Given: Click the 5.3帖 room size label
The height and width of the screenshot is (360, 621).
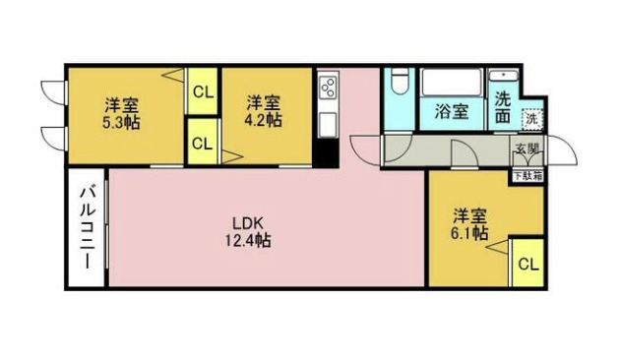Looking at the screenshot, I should coord(122,123).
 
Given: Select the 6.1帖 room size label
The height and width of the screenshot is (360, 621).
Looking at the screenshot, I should coord(469,233).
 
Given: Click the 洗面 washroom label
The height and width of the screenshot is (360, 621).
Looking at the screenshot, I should coord(503,106).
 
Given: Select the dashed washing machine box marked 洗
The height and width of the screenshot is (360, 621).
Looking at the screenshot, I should coord(530,118).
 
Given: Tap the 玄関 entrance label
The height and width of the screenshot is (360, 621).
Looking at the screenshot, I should coord(526,149).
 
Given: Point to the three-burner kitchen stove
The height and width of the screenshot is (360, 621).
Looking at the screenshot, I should coord(328,88).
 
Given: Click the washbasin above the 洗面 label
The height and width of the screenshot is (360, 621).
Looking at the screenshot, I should coord(504,79).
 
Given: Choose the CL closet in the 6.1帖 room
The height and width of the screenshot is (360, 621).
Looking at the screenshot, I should coord(528,264).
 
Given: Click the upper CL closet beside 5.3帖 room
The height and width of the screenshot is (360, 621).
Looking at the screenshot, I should coord(203,93).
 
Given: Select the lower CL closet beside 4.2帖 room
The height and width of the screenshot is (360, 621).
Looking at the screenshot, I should coord(203,143).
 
